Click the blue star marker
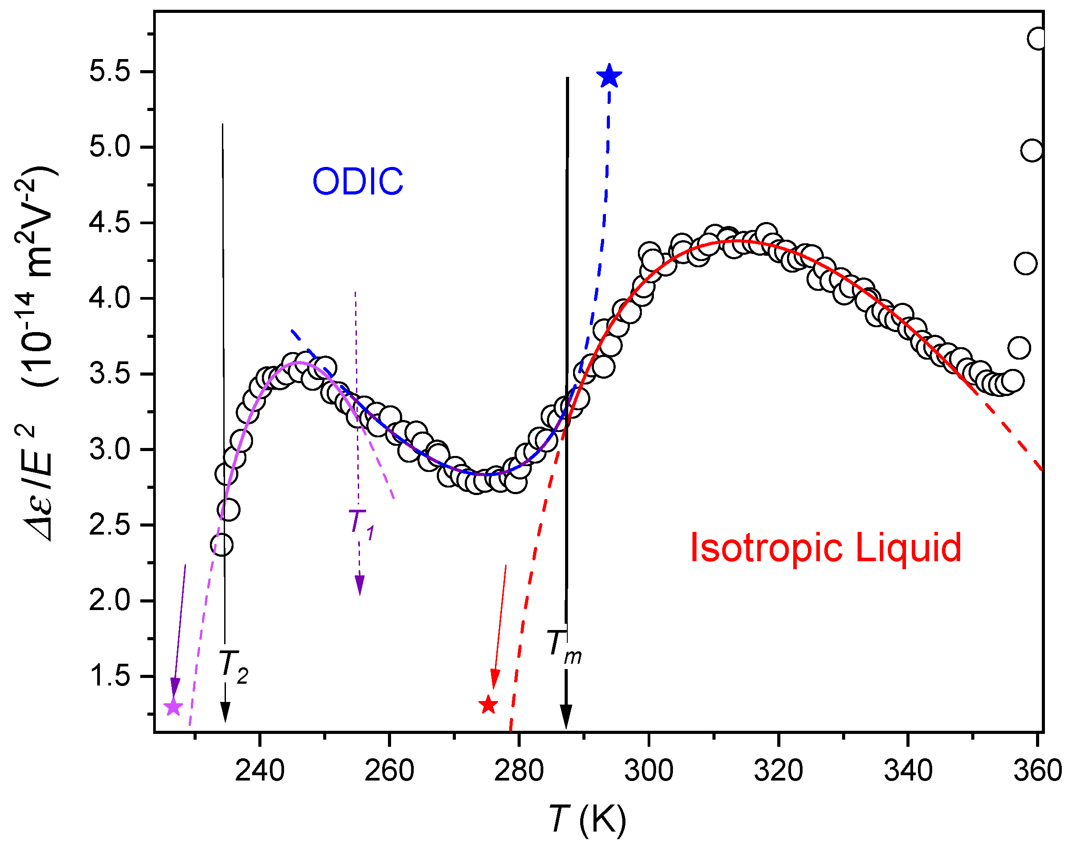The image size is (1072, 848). click(x=609, y=76)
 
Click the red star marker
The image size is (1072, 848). click(x=488, y=705)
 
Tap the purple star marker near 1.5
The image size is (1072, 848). click(x=173, y=706)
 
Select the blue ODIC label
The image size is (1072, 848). click(x=357, y=181)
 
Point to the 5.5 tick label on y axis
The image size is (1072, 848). click(x=110, y=71)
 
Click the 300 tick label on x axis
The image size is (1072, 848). click(x=648, y=771)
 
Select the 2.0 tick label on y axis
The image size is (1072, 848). click(x=110, y=601)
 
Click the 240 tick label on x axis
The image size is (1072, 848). click(x=260, y=771)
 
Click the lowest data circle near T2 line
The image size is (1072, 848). click(x=222, y=545)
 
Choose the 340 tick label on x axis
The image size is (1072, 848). click(x=908, y=771)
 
